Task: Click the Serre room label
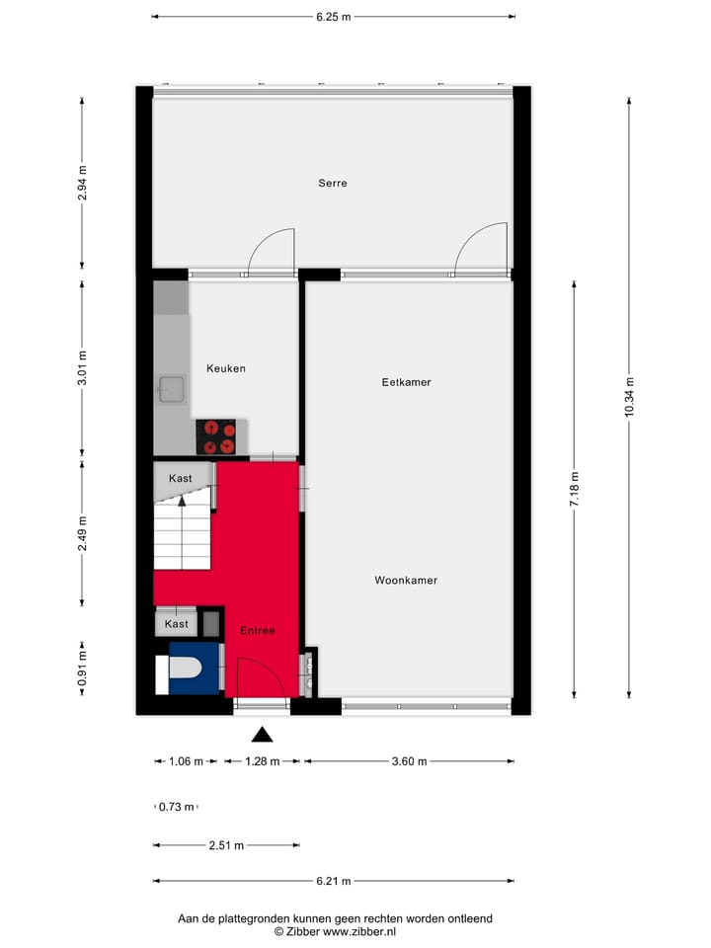(x=333, y=183)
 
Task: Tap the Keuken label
(x=226, y=368)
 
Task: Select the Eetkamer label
(x=407, y=381)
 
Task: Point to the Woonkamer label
(x=406, y=580)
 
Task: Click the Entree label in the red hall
(x=257, y=630)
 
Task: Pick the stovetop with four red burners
(x=216, y=436)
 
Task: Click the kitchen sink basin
(x=172, y=390)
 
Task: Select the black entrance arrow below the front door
(x=262, y=734)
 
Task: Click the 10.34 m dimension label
(x=629, y=397)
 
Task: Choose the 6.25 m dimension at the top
(x=334, y=17)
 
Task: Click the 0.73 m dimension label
(x=176, y=807)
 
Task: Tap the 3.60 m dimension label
(x=409, y=761)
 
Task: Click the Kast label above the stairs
(x=180, y=478)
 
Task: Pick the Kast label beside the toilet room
(x=176, y=624)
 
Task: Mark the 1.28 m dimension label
(x=262, y=761)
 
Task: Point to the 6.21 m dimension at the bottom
(x=334, y=881)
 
